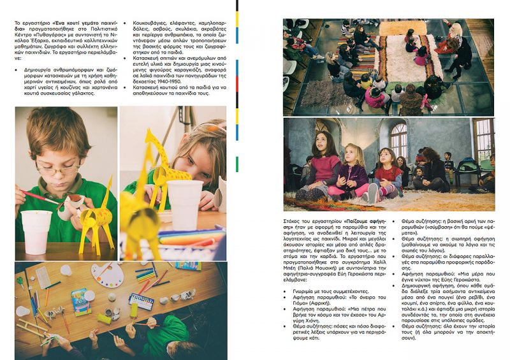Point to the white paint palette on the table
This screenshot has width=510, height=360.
107,275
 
